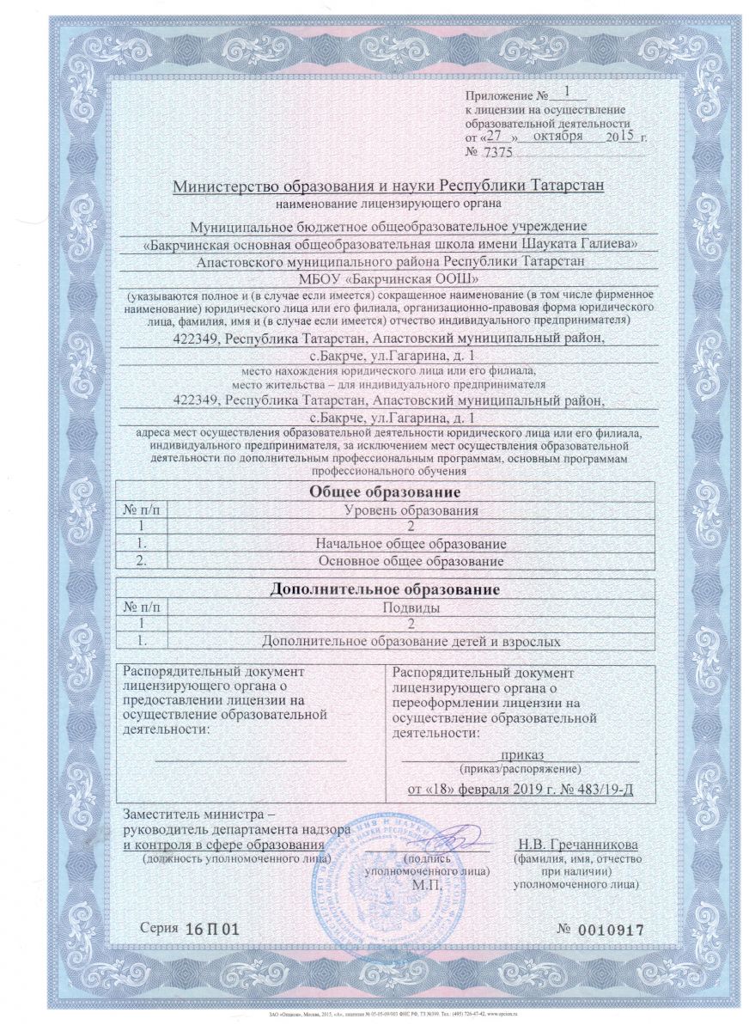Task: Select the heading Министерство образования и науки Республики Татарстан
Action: click(x=388, y=186)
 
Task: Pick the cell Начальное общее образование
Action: click(x=411, y=544)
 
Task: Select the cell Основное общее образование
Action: click(x=411, y=561)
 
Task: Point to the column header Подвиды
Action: click(x=411, y=608)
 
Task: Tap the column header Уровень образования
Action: click(x=411, y=510)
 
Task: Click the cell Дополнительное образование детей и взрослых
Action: click(x=411, y=642)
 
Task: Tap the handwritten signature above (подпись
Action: click(x=447, y=838)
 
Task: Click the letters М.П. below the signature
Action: click(x=427, y=883)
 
